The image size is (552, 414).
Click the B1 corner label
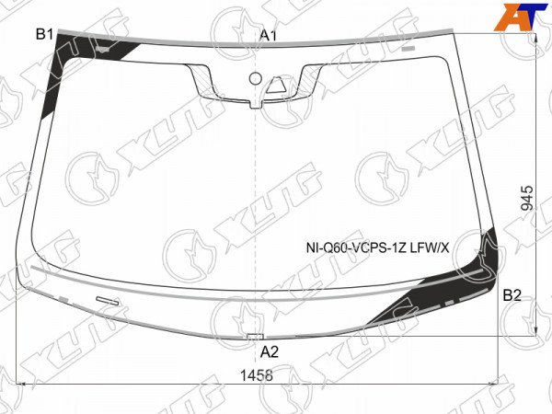coord(44,35)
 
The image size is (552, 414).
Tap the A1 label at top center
coord(269,36)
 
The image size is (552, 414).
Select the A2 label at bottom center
coord(270,351)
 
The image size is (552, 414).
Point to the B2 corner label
coord(512,295)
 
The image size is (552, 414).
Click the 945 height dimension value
coord(527,198)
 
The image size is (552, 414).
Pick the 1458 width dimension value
coord(257,375)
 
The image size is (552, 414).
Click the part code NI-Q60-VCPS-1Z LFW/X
coord(377,248)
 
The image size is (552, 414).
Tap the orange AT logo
coord(520,17)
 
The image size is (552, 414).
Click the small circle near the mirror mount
coord(256,78)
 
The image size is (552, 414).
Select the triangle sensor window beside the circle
coord(276,86)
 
